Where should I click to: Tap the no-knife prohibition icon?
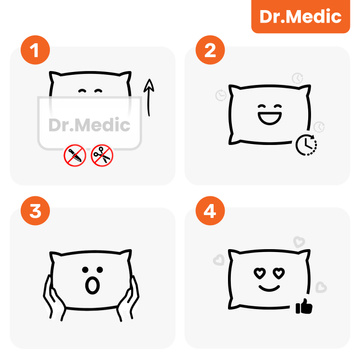click(72, 156)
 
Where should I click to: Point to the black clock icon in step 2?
click(307, 146)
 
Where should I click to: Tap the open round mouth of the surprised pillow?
click(92, 288)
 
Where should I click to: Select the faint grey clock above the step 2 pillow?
click(297, 76)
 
